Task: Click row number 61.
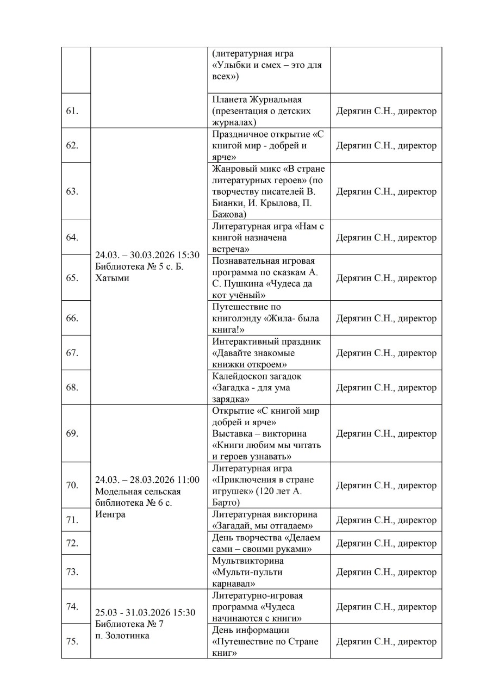(x=72, y=111)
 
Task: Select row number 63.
(x=72, y=191)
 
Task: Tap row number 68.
(x=72, y=388)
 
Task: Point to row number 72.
(x=72, y=543)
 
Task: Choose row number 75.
(x=72, y=642)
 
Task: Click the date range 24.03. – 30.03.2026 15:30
(x=147, y=255)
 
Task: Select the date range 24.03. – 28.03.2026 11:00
(x=147, y=480)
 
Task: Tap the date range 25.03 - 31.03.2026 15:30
(x=145, y=613)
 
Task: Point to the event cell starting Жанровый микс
(x=269, y=191)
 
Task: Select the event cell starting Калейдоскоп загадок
(x=269, y=388)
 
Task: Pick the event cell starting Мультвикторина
(x=269, y=572)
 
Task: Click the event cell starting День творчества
(x=269, y=543)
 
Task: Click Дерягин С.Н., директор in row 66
(x=386, y=319)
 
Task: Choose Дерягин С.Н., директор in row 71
(x=386, y=520)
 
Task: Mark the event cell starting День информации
(x=269, y=642)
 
